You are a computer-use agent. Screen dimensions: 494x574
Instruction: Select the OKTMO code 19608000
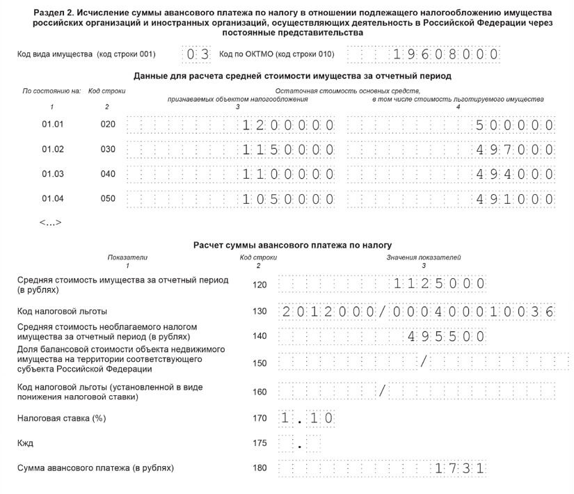[x=446, y=54]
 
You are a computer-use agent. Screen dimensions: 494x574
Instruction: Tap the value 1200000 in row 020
[x=288, y=125]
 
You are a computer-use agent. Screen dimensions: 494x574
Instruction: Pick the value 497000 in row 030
[x=515, y=150]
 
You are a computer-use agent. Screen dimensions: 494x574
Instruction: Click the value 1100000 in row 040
[x=288, y=174]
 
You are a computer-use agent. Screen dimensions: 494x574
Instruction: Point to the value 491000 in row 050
[x=515, y=199]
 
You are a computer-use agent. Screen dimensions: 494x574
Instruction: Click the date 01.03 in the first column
[x=52, y=174]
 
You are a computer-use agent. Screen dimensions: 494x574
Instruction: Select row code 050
[x=108, y=199]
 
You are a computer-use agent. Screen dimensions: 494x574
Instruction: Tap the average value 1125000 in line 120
[x=438, y=284]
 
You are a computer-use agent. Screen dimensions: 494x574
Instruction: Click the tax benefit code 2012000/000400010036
[x=418, y=311]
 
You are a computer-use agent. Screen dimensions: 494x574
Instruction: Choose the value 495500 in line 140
[x=446, y=336]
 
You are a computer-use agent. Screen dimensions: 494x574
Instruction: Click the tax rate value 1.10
[x=307, y=419]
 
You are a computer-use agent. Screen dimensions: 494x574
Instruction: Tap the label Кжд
[x=25, y=443]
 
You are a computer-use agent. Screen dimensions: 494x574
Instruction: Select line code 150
[x=260, y=363]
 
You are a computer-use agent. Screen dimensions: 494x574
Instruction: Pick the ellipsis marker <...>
[x=51, y=223]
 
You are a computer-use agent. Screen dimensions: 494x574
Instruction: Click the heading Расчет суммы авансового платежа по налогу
[x=292, y=245]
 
